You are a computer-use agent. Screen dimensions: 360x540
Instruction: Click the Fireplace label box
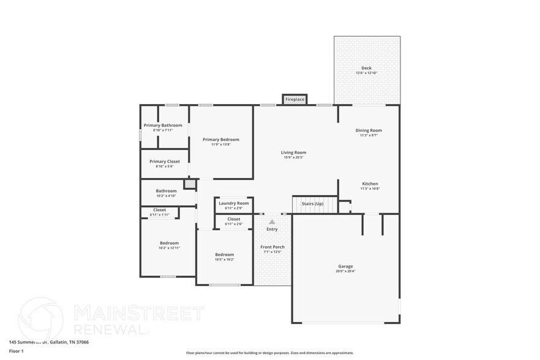[294, 99]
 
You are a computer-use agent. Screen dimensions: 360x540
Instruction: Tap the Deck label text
[366, 68]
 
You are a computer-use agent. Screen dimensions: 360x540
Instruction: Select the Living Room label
[293, 152]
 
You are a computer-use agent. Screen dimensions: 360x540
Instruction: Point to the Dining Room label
[369, 130]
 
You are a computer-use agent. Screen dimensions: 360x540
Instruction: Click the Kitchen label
[370, 184]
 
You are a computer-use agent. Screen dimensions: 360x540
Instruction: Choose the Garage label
[345, 266]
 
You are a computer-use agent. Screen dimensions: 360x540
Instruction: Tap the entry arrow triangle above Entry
[272, 222]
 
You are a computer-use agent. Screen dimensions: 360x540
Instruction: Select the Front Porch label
[272, 247]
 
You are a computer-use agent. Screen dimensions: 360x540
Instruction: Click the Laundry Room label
[234, 203]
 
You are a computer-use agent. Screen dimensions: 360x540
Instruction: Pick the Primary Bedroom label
[221, 140]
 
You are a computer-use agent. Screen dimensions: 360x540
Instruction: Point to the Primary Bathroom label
[163, 126]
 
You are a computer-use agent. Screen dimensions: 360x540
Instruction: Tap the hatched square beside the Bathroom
[190, 184]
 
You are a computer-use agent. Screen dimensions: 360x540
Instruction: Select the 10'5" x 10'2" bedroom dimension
[224, 260]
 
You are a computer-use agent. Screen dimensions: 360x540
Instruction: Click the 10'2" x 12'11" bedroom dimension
[169, 248]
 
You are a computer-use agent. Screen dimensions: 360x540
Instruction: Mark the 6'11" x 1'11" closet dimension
[159, 215]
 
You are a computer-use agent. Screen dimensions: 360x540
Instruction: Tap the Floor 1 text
[17, 351]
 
